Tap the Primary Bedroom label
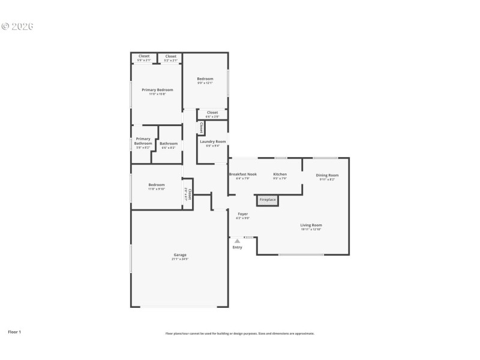[x=157, y=90]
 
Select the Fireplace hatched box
[x=268, y=200]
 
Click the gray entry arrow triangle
[x=238, y=241]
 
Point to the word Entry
[x=238, y=247]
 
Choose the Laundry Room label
[x=212, y=142]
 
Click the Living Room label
[x=311, y=225]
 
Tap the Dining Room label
[x=328, y=175]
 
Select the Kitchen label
[x=280, y=175]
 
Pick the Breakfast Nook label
[x=243, y=175]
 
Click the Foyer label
[x=242, y=214]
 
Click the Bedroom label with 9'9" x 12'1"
[x=205, y=79]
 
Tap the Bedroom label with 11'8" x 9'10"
[x=157, y=185]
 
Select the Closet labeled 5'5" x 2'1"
[x=144, y=56]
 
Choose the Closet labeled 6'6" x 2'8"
[x=212, y=112]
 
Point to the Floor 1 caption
[x=14, y=332]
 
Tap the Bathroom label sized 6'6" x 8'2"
[x=169, y=143]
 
